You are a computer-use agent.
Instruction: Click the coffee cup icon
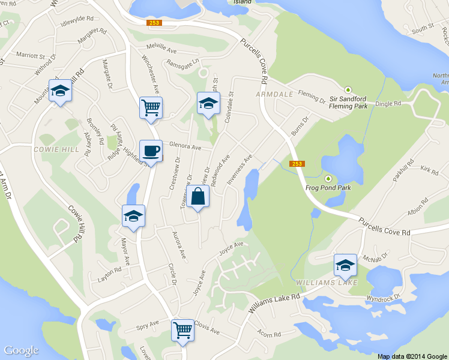click(150, 150)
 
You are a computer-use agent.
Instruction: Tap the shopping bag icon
click(198, 196)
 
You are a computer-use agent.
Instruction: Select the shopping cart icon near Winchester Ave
click(150, 107)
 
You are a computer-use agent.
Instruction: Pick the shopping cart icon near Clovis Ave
click(182, 329)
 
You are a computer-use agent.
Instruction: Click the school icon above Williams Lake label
click(345, 265)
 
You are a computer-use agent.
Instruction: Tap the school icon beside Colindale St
click(208, 103)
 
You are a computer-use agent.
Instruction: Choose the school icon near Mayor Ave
click(133, 216)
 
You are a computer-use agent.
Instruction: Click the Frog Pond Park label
click(328, 187)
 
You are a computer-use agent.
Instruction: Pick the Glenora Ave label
click(185, 146)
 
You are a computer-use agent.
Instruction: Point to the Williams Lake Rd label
click(274, 298)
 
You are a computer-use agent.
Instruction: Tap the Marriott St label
click(31, 55)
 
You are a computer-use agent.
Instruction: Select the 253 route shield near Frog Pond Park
click(297, 164)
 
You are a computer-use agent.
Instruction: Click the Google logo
click(22, 350)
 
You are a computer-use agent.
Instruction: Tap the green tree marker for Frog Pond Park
click(328, 178)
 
